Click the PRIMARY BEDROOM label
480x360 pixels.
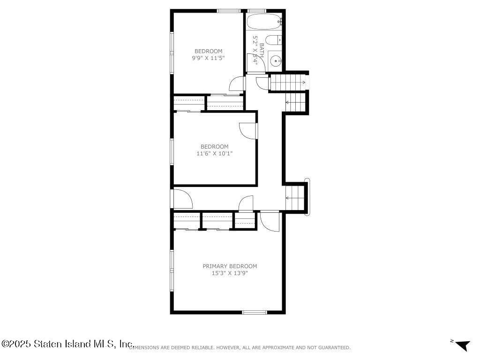pyautogui.click(x=230, y=266)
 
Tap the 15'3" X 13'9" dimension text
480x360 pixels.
pyautogui.click(x=230, y=273)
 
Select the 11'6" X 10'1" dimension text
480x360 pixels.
pyautogui.click(x=214, y=153)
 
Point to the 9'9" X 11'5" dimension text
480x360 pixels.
pyautogui.click(x=208, y=58)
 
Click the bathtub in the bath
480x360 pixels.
pyautogui.click(x=264, y=21)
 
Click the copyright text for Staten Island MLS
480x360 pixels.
pyautogui.click(x=68, y=344)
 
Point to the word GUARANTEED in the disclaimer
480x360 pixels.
pyautogui.click(x=334, y=348)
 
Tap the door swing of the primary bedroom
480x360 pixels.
pyautogui.click(x=270, y=222)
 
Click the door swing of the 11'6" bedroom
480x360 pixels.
pyautogui.click(x=247, y=131)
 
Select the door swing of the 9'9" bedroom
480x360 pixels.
pyautogui.click(x=237, y=83)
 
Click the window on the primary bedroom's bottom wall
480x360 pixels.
pyautogui.click(x=255, y=312)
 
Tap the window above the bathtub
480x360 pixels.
pyautogui.click(x=256, y=11)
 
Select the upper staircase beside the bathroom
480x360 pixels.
pyautogui.click(x=288, y=82)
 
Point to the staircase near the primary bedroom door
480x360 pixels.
pyautogui.click(x=295, y=198)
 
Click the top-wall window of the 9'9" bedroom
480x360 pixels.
pyautogui.click(x=229, y=11)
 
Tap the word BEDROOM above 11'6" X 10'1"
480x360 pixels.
pyautogui.click(x=214, y=147)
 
